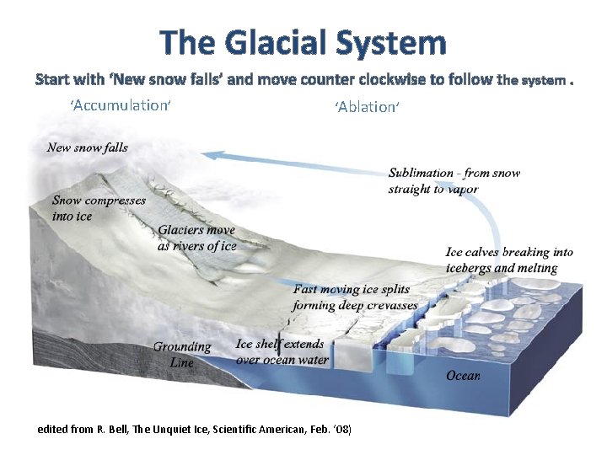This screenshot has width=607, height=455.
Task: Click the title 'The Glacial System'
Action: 303,42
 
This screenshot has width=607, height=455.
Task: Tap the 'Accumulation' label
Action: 121,105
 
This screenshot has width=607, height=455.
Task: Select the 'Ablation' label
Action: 366,107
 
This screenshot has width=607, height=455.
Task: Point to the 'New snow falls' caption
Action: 88,147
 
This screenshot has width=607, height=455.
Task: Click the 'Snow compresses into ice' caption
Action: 99,208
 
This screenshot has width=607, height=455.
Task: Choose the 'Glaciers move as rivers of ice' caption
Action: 197,238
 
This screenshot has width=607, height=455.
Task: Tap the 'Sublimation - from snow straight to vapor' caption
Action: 454,180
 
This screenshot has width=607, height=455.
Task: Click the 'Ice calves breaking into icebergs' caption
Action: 509,260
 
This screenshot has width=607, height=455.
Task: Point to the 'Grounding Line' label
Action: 182,354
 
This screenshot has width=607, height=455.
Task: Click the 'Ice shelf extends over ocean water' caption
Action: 280,351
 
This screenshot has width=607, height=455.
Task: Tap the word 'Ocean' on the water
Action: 464,376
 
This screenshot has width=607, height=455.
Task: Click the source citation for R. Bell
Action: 195,430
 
